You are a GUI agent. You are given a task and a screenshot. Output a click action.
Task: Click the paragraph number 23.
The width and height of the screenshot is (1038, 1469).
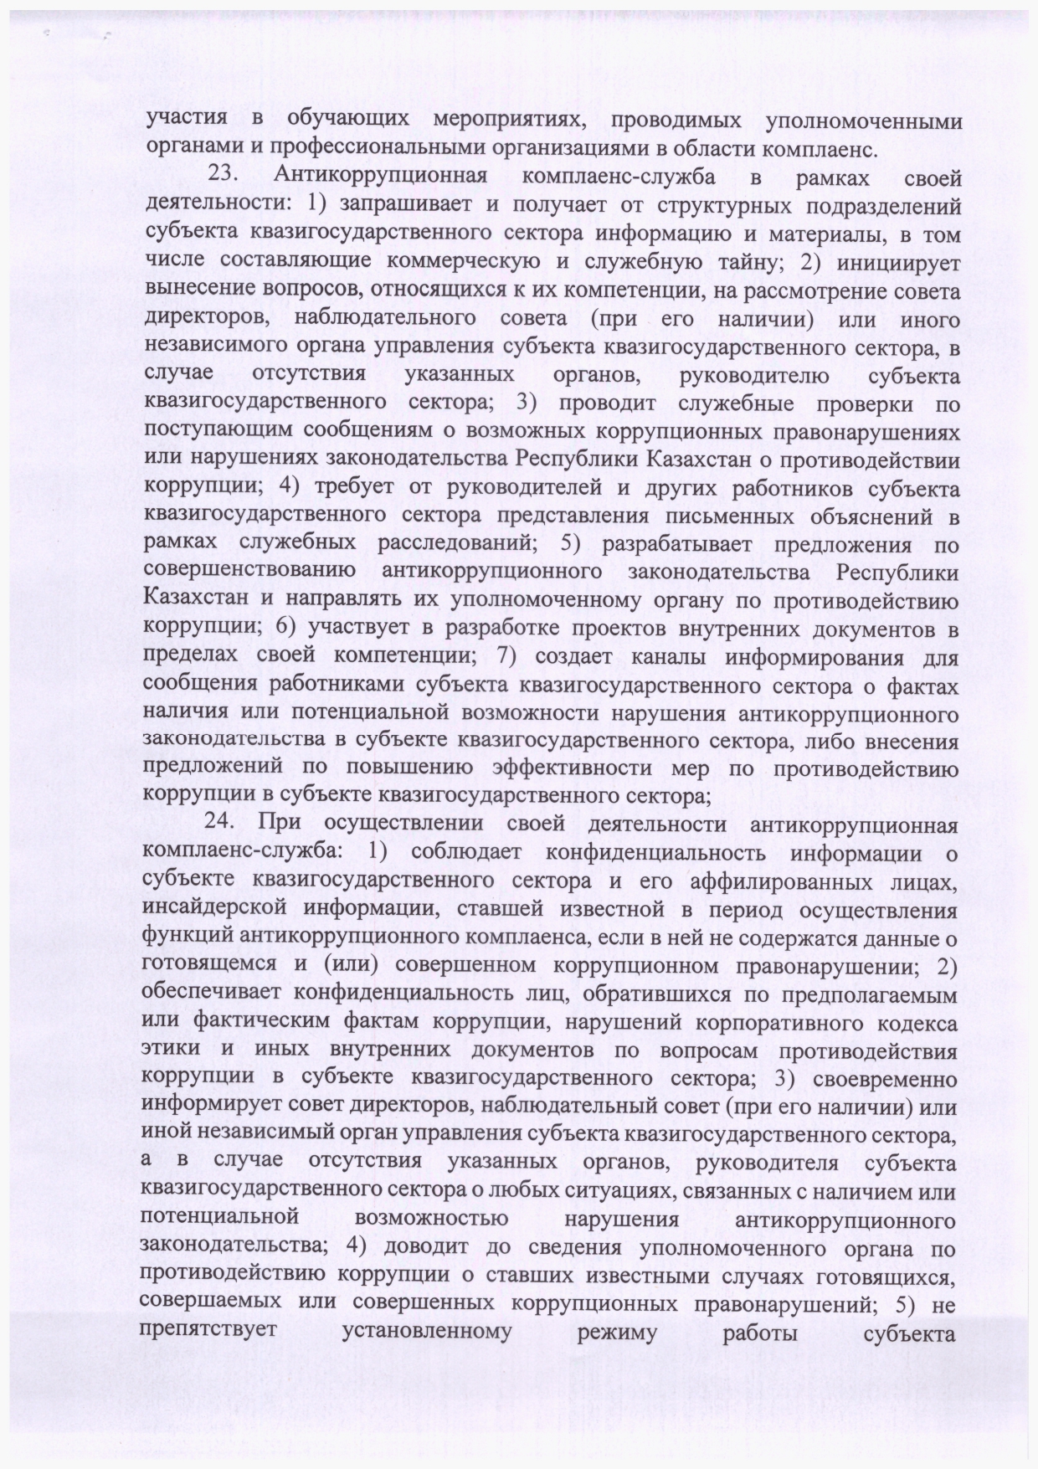(x=224, y=178)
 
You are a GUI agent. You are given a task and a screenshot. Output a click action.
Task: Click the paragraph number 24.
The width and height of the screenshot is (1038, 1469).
(x=222, y=824)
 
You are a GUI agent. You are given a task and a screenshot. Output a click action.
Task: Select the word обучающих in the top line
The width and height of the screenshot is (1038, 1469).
(x=348, y=121)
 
